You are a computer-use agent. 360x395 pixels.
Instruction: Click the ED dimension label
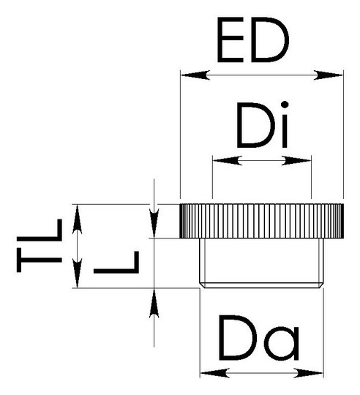(x=253, y=39)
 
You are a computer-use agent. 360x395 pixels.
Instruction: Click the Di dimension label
(x=262, y=124)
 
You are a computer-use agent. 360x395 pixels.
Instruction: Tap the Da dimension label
(x=259, y=337)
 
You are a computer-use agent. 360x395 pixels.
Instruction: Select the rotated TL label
(x=40, y=245)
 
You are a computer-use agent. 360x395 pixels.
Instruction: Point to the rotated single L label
(x=116, y=262)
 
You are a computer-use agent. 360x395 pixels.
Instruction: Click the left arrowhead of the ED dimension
(x=195, y=75)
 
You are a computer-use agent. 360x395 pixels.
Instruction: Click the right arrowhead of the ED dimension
(x=329, y=75)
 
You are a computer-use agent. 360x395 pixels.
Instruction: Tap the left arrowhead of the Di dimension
(x=228, y=160)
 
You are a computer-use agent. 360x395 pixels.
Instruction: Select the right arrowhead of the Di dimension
(x=296, y=160)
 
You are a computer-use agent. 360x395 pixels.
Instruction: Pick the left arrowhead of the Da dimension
(x=215, y=373)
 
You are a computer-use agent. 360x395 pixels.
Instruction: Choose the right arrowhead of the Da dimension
(x=308, y=373)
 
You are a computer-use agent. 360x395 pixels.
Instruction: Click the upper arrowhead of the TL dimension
(x=77, y=219)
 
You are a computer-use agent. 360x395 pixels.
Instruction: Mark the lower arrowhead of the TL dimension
(x=77, y=273)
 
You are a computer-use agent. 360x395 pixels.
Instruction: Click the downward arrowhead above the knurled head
(x=154, y=223)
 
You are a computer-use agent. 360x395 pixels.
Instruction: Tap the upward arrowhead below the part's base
(x=154, y=303)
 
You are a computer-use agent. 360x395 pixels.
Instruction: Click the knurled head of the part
(x=262, y=221)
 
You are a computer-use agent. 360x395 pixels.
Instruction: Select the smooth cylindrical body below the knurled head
(x=261, y=263)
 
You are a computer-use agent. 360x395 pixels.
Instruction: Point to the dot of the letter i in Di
(x=285, y=105)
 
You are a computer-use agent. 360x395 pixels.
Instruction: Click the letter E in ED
(x=230, y=39)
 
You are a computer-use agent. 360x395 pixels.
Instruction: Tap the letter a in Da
(x=283, y=344)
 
